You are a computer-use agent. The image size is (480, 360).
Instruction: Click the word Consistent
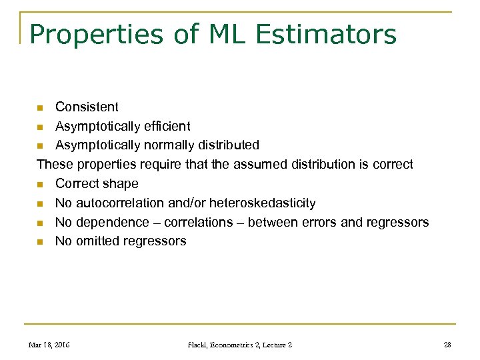click(87, 107)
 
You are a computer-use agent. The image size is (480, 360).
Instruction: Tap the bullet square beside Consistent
click(41, 107)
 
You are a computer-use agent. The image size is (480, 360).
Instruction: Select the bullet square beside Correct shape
click(41, 184)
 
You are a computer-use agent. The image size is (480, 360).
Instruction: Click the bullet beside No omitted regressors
click(41, 242)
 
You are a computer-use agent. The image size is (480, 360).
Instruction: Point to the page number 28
click(447, 345)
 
